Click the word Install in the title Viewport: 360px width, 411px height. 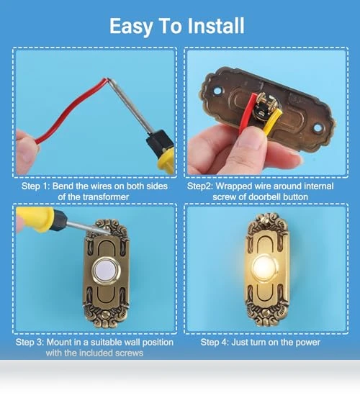pos(216,26)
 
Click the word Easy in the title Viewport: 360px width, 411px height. pos(131,27)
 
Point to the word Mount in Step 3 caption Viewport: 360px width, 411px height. pos(58,343)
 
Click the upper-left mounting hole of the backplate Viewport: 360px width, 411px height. pos(217,91)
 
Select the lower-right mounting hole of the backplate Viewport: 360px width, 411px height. pos(318,128)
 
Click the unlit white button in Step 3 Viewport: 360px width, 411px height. pos(105,271)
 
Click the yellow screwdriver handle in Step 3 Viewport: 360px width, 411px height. pos(35,219)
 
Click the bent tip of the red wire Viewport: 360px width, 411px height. pos(107,79)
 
